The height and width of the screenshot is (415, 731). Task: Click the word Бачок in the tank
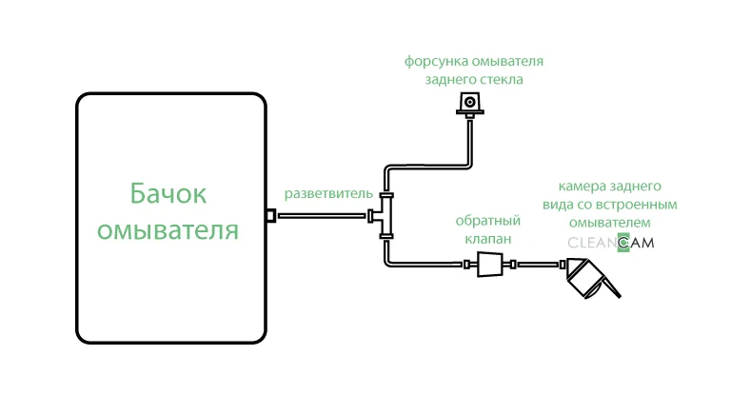[168, 193]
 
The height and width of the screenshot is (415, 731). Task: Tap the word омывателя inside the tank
[168, 230]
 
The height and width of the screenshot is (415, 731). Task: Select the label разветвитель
[328, 193]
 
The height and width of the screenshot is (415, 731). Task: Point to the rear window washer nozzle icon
[470, 105]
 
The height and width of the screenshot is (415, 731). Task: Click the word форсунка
[437, 62]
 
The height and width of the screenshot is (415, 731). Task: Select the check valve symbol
[489, 265]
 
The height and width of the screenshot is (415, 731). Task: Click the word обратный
[487, 221]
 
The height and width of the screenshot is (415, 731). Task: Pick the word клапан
[488, 239]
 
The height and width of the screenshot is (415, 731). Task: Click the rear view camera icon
[591, 278]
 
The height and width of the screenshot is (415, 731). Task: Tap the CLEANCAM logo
[611, 243]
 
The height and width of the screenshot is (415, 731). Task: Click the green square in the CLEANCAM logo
[623, 243]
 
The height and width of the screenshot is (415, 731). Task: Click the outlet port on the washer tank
[270, 215]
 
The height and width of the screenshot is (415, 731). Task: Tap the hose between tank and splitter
[322, 215]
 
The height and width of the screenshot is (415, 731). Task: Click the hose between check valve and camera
[538, 265]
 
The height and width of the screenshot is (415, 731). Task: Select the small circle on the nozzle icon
[470, 102]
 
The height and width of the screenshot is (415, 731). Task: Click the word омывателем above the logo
[609, 223]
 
